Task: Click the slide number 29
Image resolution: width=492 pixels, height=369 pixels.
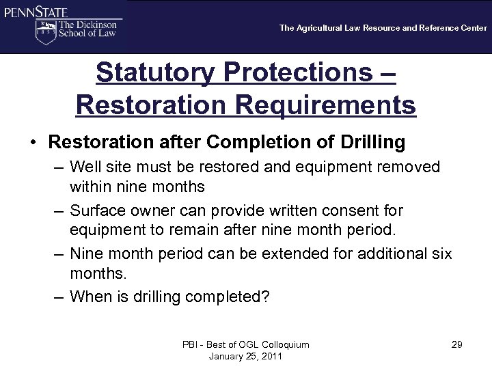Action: tap(456, 344)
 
